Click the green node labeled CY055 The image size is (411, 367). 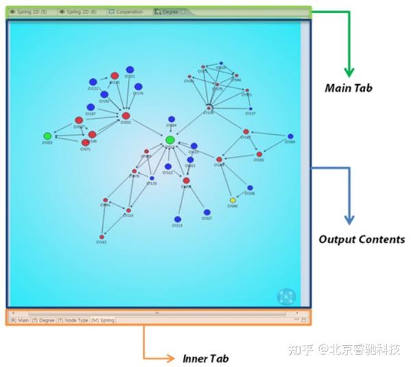(x=47, y=136)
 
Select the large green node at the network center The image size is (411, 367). (x=170, y=140)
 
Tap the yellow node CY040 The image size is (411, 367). (x=233, y=201)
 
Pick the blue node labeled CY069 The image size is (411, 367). (x=290, y=136)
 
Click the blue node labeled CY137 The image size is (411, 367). (x=251, y=108)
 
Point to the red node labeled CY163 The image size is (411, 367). (x=101, y=237)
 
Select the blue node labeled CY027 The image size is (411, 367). (x=207, y=212)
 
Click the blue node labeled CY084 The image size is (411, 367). (x=171, y=119)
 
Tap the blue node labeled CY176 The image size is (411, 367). (x=138, y=87)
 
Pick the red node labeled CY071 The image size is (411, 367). (x=86, y=142)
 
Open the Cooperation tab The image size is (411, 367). (x=126, y=12)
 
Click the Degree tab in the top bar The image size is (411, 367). (x=166, y=12)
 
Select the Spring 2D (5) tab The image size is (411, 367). (x=29, y=12)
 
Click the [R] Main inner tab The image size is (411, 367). (x=18, y=320)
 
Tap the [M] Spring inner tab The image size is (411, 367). (x=103, y=320)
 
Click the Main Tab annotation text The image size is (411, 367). (x=348, y=88)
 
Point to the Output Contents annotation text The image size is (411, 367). (x=362, y=240)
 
